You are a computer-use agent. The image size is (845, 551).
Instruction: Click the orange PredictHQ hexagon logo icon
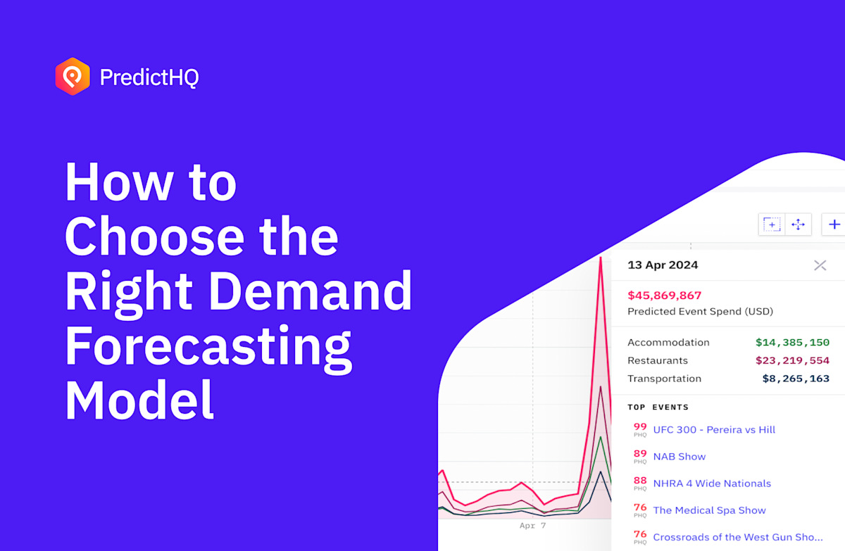73,77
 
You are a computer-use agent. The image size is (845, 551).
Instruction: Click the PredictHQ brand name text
149,77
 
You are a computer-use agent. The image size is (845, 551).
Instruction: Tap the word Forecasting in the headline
208,346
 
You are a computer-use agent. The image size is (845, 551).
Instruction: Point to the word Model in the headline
139,399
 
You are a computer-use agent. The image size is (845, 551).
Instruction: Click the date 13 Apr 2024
663,265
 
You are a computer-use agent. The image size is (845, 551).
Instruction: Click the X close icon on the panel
820,265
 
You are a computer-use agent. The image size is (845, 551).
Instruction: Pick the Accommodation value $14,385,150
792,343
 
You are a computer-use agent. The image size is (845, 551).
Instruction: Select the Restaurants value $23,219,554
792,360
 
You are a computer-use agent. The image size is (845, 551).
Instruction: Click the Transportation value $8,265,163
796,379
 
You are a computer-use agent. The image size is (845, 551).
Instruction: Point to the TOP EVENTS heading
658,407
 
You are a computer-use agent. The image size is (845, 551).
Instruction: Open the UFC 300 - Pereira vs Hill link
714,430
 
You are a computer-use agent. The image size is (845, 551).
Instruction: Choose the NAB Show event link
679,457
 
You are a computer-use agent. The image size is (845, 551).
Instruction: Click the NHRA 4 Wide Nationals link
712,483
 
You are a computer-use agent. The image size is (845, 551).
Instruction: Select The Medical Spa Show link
709,510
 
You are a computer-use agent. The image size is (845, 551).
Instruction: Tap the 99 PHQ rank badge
640,429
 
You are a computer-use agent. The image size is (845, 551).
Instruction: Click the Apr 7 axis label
532,526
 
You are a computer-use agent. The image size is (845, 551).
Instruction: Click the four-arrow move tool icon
798,224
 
